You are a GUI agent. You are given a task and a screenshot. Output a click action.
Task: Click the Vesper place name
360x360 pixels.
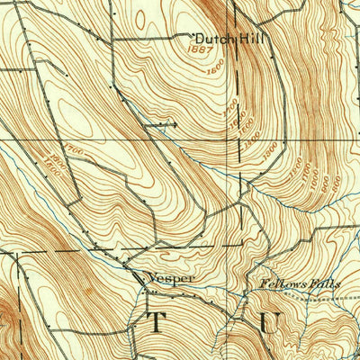pyautogui.click(x=172, y=279)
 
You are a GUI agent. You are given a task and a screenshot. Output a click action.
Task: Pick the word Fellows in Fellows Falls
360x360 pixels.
pyautogui.click(x=274, y=283)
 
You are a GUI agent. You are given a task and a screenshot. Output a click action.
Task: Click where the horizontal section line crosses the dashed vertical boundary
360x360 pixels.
pyautogui.click(x=240, y=141)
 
